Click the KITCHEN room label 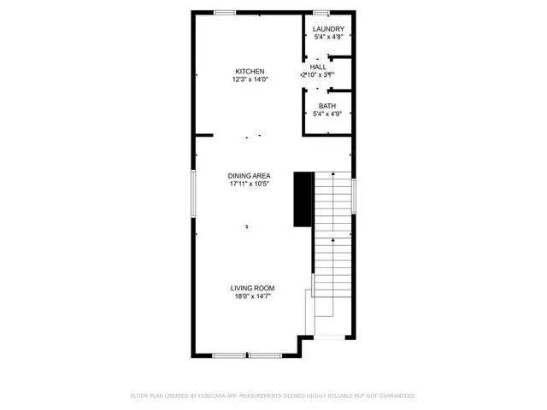tap(250, 71)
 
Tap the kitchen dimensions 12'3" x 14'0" tap(250, 79)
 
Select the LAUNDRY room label tap(328, 29)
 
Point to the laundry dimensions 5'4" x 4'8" tap(328, 38)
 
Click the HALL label tap(318, 66)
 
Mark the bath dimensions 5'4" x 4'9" tap(327, 114)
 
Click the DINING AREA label tap(250, 175)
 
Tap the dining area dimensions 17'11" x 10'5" tap(250, 184)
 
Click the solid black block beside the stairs tap(302, 199)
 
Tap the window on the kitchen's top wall tap(226, 12)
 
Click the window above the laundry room tap(322, 12)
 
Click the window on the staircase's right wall tap(353, 196)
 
